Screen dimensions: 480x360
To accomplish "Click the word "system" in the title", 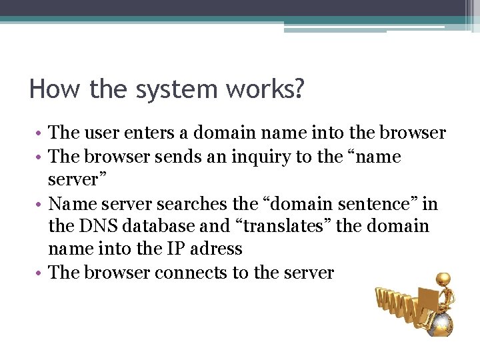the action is pyautogui.click(x=166, y=89).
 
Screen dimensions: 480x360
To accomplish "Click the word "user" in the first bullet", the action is pyautogui.click(x=103, y=133).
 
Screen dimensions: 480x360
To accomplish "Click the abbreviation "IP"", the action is pyautogui.click(x=177, y=249).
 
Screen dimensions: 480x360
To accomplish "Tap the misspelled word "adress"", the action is pyautogui.click(x=216, y=249).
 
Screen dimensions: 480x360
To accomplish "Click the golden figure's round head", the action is pyautogui.click(x=442, y=279).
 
